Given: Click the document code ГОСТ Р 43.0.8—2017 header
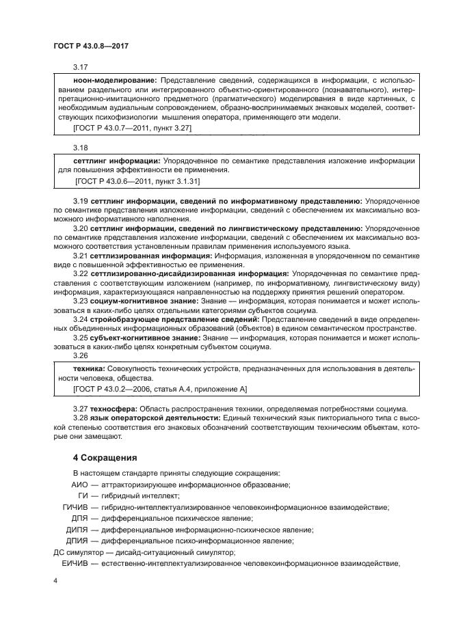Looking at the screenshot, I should (91, 44).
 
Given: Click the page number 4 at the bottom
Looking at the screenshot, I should (55, 580).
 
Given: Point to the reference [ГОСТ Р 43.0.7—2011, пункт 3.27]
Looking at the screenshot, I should (132, 128).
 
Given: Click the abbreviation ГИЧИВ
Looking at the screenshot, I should (76, 507).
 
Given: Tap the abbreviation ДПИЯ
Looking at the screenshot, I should (79, 541).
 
